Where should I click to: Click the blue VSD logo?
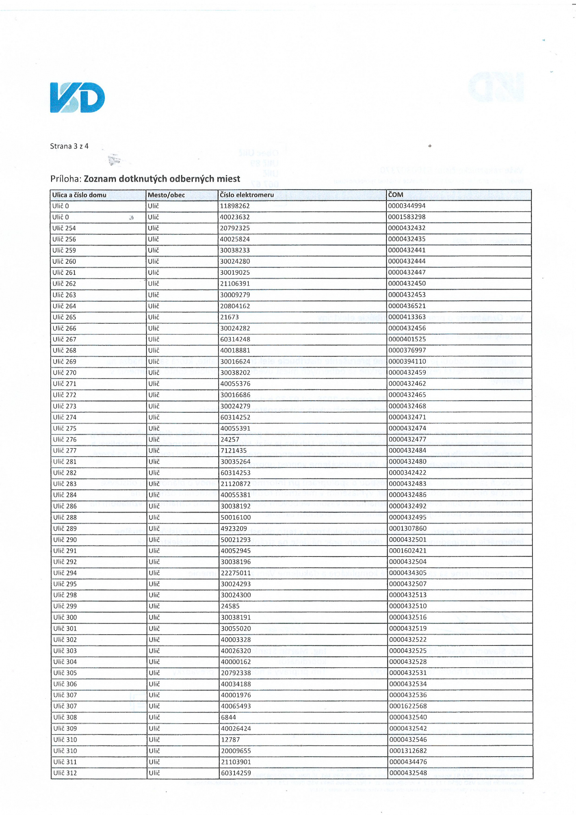pyautogui.click(x=77, y=97)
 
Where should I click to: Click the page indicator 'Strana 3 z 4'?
pyautogui.click(x=69, y=146)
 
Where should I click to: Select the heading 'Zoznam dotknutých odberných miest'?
pyautogui.click(x=162, y=179)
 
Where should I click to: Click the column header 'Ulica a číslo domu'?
pyautogui.click(x=79, y=195)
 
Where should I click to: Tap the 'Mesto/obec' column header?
pyautogui.click(x=166, y=195)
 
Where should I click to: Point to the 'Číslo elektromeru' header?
pyautogui.click(x=247, y=195)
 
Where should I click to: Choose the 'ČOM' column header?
pyautogui.click(x=396, y=195)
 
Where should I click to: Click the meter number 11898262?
pyautogui.click(x=235, y=206)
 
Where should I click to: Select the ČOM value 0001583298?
pyautogui.click(x=407, y=217)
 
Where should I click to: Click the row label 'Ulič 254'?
pyautogui.click(x=64, y=228)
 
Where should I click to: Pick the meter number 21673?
pyautogui.click(x=229, y=317)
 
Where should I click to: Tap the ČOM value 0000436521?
pyautogui.click(x=407, y=306)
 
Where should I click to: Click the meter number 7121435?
pyautogui.click(x=233, y=451)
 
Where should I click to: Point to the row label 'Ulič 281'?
pyautogui.click(x=64, y=462)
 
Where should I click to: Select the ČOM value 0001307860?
pyautogui.click(x=407, y=528)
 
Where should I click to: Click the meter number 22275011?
pyautogui.click(x=235, y=573)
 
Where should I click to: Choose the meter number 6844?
pyautogui.click(x=228, y=717)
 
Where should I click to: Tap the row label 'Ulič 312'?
pyautogui.click(x=65, y=773)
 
